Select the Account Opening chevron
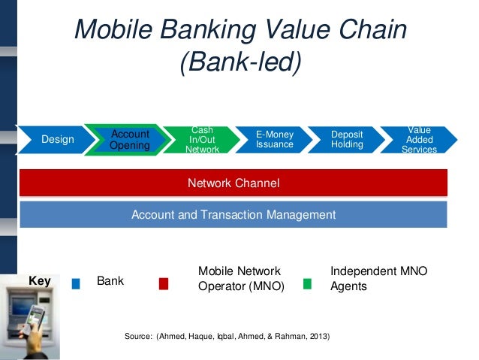(x=128, y=140)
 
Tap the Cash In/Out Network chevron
(x=202, y=140)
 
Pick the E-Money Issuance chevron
(x=274, y=140)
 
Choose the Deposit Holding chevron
(x=347, y=140)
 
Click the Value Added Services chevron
(x=419, y=140)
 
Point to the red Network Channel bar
(x=233, y=183)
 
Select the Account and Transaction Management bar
(x=233, y=215)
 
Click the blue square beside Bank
(x=76, y=284)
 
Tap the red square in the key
(x=164, y=284)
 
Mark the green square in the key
(x=307, y=284)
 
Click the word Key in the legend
(x=39, y=281)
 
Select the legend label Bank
(x=110, y=282)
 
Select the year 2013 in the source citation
(x=318, y=334)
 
